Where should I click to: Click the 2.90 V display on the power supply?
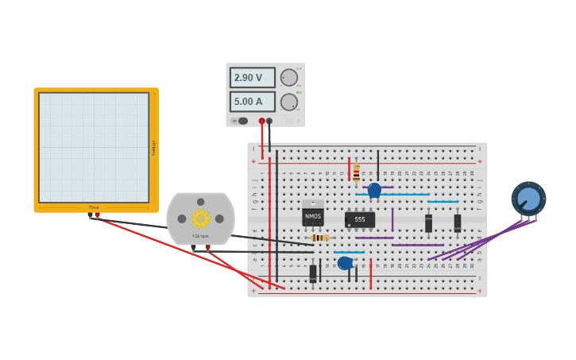coord(252,78)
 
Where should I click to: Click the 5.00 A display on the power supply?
coord(252,102)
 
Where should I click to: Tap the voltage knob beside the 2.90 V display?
coord(288,77)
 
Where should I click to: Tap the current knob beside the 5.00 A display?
coord(288,102)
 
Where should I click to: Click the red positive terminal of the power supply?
coord(261,122)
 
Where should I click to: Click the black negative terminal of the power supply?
coord(269,122)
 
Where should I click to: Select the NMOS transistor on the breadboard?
coord(313,215)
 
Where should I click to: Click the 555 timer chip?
coord(360,219)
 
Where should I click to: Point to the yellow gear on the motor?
coord(200,219)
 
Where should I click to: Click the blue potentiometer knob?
coord(528,198)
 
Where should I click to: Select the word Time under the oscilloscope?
coord(94,208)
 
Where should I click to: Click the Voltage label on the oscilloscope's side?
coord(153,148)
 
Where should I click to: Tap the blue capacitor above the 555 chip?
coord(374,190)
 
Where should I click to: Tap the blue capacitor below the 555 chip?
coord(345,263)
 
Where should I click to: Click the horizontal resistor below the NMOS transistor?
coord(320,238)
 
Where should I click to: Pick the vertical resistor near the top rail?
coord(356,173)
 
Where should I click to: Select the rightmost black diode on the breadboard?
coord(458,223)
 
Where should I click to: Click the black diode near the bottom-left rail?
coord(313,273)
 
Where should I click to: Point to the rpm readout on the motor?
coord(200,236)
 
